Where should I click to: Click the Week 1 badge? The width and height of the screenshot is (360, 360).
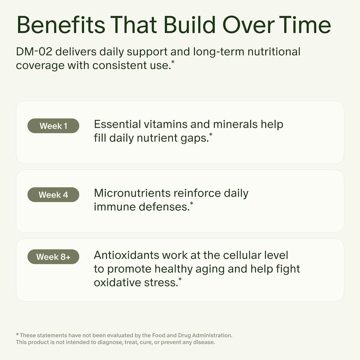(53, 126)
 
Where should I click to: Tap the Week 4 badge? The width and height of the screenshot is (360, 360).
(53, 195)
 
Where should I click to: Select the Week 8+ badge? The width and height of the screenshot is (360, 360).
(53, 257)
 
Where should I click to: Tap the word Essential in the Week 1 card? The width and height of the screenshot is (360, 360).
(117, 124)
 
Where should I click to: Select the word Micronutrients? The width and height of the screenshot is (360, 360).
(133, 193)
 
